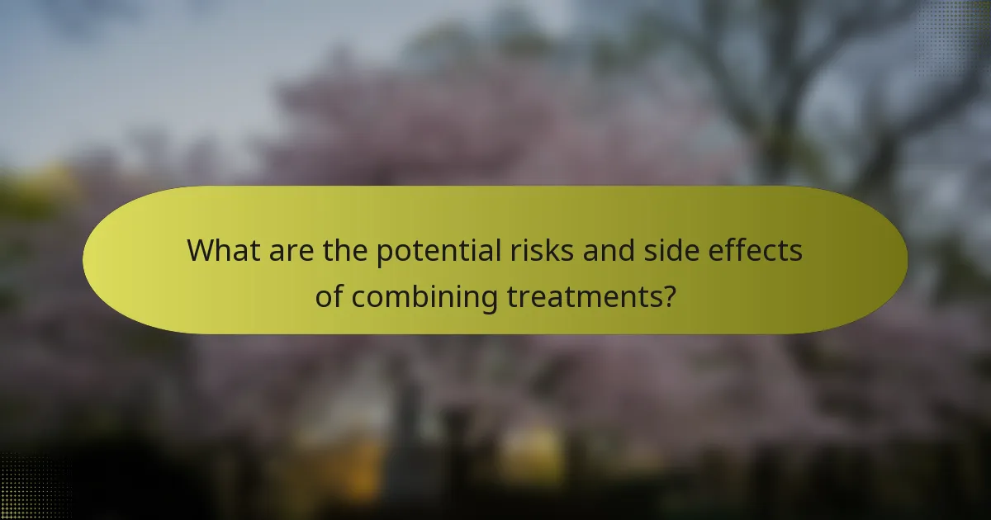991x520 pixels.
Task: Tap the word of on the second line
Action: (x=329, y=295)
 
